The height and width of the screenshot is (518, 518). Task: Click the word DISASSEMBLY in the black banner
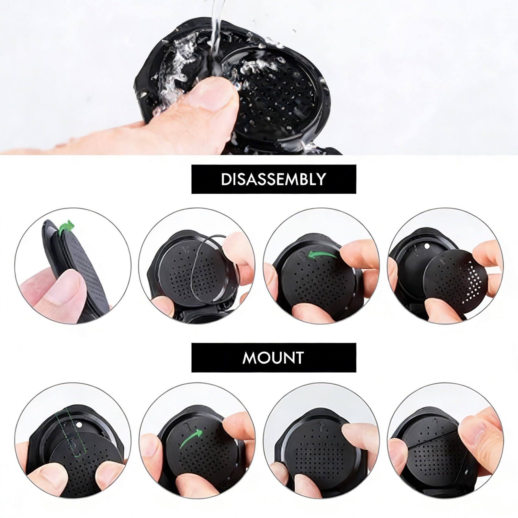(x=274, y=179)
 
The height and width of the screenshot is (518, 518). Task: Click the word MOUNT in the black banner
(x=273, y=357)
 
